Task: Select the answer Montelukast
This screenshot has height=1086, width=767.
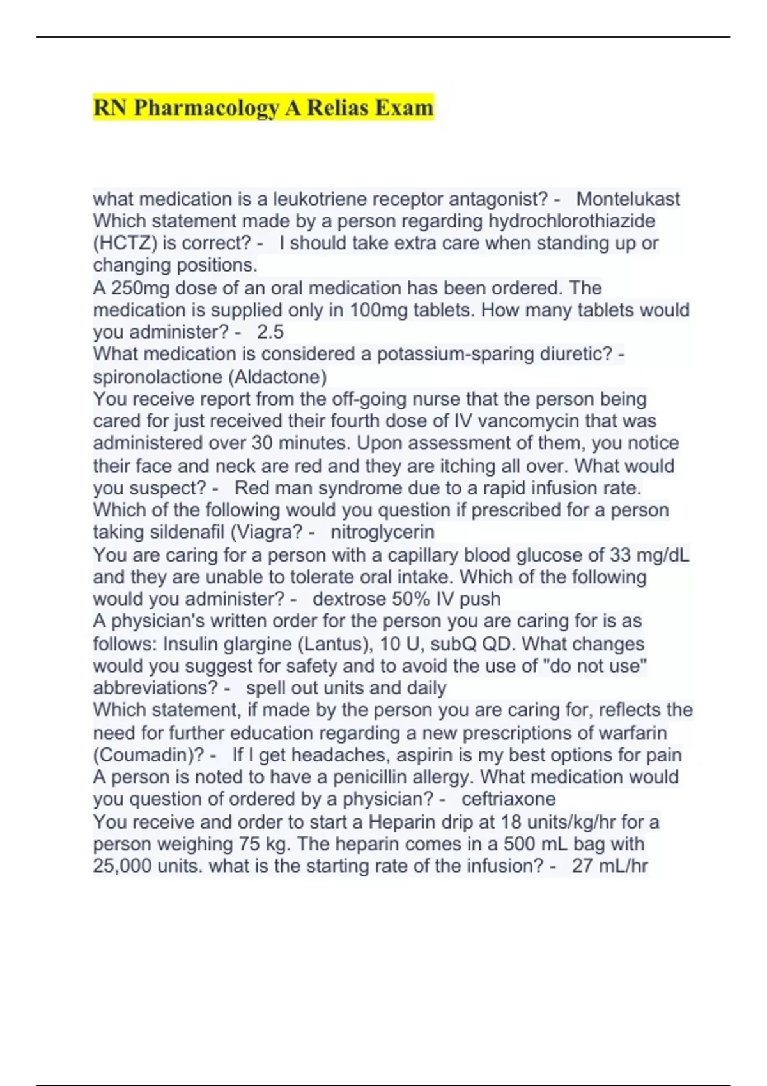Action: click(628, 199)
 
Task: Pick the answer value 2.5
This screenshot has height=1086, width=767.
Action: click(270, 332)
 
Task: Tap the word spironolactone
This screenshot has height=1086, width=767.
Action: click(158, 377)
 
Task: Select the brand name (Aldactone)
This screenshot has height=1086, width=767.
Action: click(277, 377)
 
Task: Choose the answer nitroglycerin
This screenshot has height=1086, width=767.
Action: click(382, 532)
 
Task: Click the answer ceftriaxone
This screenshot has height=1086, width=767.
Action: click(508, 799)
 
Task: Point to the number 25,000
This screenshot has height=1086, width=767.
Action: click(123, 866)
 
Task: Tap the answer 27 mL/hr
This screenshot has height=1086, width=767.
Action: click(610, 866)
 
